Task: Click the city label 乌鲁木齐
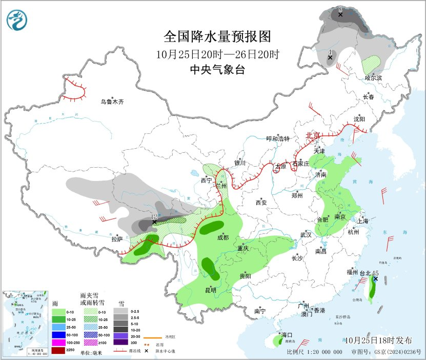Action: pyautogui.click(x=112, y=102)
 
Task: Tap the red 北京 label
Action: pyautogui.click(x=313, y=135)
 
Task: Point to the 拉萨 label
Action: pyautogui.click(x=117, y=238)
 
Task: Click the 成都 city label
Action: pyautogui.click(x=223, y=237)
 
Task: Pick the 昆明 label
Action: pyautogui.click(x=211, y=290)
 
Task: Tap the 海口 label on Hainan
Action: pyautogui.click(x=280, y=335)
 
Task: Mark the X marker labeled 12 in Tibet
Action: pyautogui.click(x=154, y=223)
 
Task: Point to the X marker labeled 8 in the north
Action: pyautogui.click(x=340, y=15)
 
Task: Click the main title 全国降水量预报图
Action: pyautogui.click(x=216, y=37)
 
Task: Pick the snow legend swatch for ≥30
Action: pyautogui.click(x=121, y=343)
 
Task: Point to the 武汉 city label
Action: pyautogui.click(x=306, y=234)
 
